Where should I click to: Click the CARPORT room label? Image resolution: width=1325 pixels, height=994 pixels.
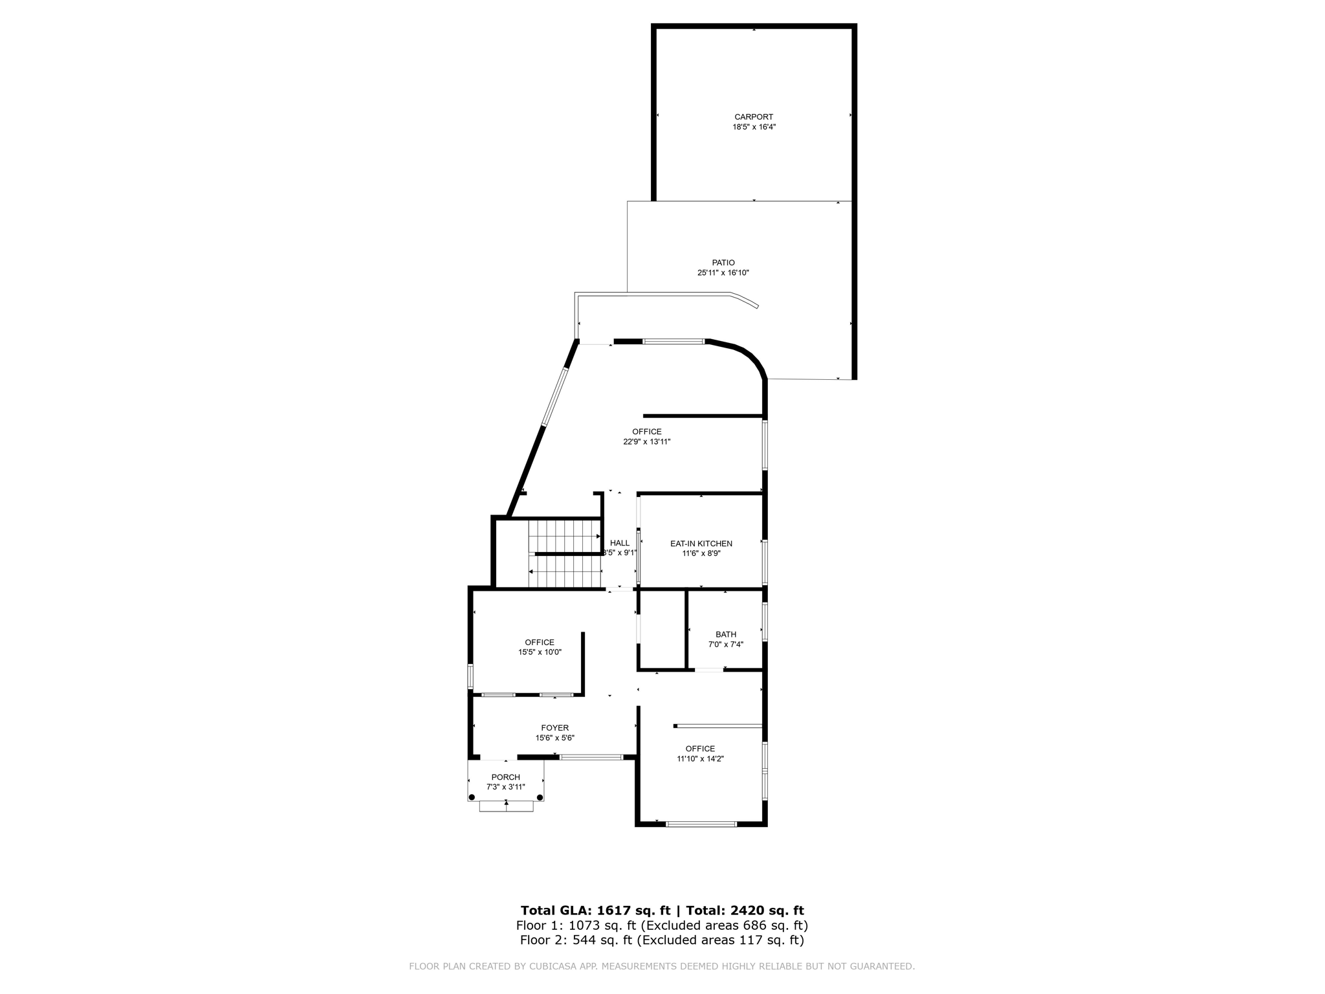pos(754,117)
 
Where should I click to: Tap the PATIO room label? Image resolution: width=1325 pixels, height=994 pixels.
pos(723,263)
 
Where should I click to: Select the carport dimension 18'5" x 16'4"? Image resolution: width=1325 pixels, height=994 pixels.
pos(754,127)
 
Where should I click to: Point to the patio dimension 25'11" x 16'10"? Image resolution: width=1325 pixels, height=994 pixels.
pos(723,273)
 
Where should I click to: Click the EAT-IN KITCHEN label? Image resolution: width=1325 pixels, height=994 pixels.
pos(701,544)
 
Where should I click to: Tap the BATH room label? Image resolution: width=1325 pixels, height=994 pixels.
pos(726,634)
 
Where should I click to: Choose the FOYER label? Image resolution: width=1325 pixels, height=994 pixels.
pos(555,728)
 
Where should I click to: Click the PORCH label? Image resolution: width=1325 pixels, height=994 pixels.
pos(506,777)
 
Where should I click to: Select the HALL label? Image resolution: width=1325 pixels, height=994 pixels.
pos(620,543)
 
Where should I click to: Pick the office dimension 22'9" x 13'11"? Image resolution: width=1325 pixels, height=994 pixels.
pos(647,442)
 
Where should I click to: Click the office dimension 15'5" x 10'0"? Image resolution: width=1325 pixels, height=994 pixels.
pos(540,652)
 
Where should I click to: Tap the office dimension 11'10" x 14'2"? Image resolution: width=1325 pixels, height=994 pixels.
pos(701,758)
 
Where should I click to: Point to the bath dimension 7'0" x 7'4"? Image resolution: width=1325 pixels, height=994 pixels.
pos(726,645)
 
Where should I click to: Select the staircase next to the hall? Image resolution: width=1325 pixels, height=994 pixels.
pos(565,553)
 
